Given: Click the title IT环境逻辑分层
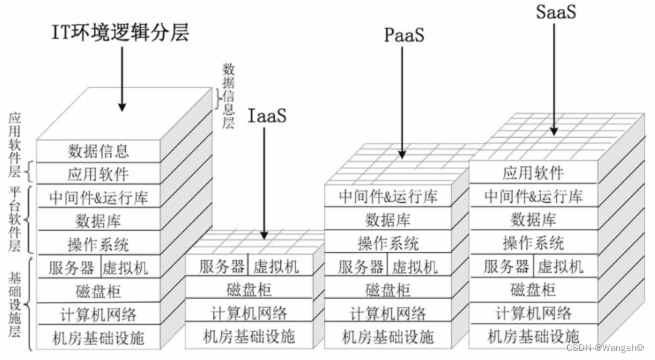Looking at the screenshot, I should tap(119, 32).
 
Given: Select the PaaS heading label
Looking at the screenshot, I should tap(405, 36).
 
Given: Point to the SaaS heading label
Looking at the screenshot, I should tap(556, 13).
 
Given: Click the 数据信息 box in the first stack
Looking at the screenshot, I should tap(98, 151).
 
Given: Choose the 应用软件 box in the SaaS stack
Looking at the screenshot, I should tap(533, 174).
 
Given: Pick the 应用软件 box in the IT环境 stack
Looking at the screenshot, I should tap(98, 174).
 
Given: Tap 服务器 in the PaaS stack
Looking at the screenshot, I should tap(363, 267).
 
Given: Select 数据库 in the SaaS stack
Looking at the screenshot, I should tap(533, 220).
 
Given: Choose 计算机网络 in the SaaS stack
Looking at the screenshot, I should tap(533, 313).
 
